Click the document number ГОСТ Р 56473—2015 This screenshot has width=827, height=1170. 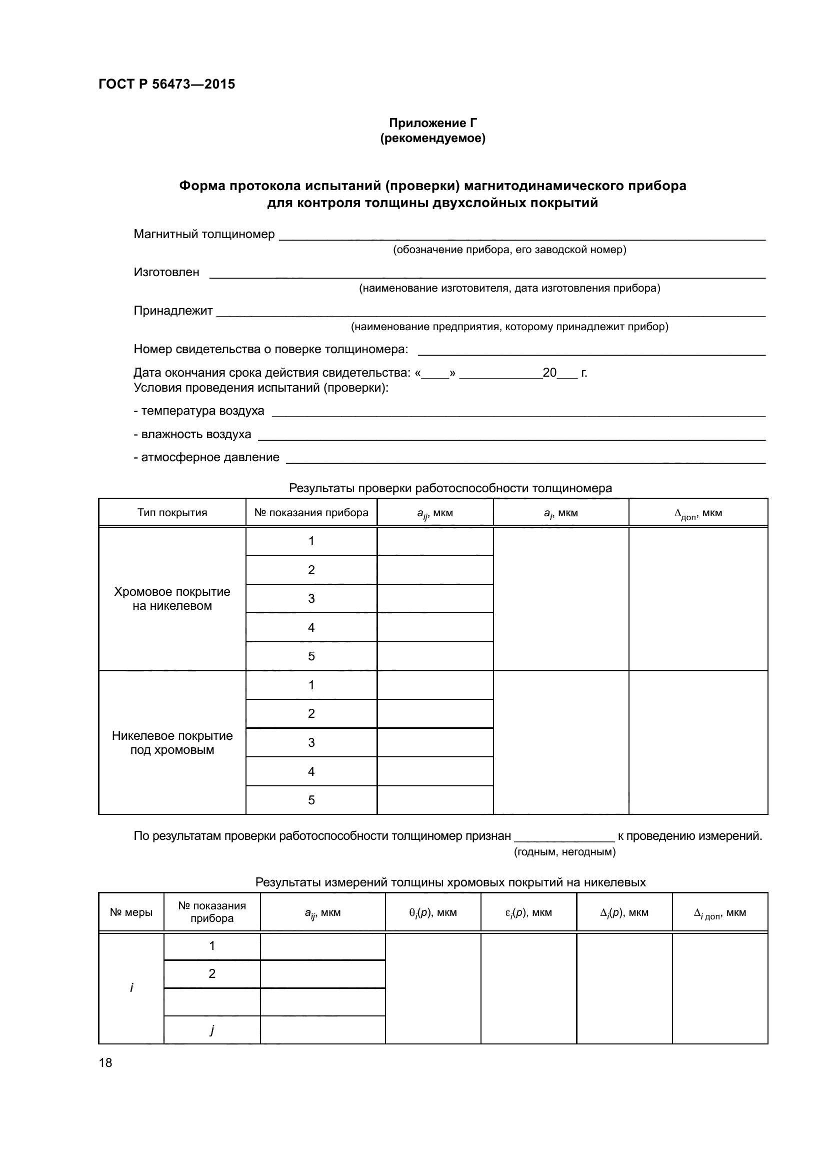166,84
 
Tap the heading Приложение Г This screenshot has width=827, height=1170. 433,123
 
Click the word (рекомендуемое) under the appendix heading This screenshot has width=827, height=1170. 433,139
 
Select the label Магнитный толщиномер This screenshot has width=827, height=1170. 203,235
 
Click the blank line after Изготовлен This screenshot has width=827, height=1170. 487,274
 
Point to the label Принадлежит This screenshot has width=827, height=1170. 173,311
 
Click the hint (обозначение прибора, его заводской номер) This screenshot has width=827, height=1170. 509,250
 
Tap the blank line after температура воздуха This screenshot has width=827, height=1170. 518,413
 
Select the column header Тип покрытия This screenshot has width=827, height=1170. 172,513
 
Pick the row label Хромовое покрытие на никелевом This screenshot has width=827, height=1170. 172,599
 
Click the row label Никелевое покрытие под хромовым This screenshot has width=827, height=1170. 172,743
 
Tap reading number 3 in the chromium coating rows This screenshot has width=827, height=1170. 311,599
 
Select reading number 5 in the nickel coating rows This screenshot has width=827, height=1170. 311,800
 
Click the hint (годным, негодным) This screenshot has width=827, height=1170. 564,852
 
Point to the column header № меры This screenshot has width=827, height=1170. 131,913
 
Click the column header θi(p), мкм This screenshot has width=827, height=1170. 433,913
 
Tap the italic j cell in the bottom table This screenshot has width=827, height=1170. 212,1030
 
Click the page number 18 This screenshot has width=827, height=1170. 105,1062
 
